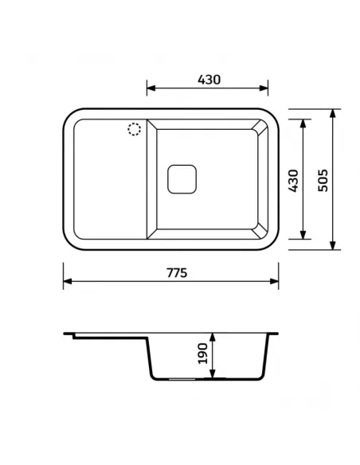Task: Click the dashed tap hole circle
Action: pyautogui.click(x=135, y=123)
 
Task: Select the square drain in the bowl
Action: pyautogui.click(x=182, y=179)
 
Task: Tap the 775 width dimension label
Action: pyautogui.click(x=177, y=273)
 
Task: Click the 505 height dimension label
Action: pyautogui.click(x=323, y=180)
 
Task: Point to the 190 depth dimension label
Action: pyautogui.click(x=202, y=354)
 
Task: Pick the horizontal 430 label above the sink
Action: pyautogui.click(x=209, y=80)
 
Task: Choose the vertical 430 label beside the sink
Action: pyautogui.click(x=293, y=181)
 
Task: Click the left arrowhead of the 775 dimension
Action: pyautogui.click(x=68, y=281)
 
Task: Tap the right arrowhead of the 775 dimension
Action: pyautogui.click(x=274, y=281)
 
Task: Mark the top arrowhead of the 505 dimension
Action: pyautogui.click(x=333, y=113)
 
